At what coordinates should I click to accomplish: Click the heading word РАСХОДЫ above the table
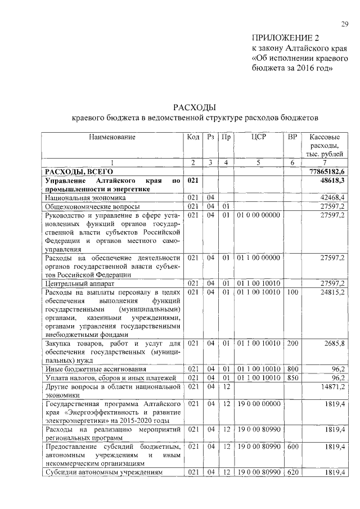194,107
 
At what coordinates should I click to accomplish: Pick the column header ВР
292,137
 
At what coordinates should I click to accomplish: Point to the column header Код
193,137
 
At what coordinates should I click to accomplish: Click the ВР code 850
292,378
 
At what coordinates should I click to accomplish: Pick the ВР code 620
292,473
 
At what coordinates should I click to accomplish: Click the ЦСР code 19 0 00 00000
258,404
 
